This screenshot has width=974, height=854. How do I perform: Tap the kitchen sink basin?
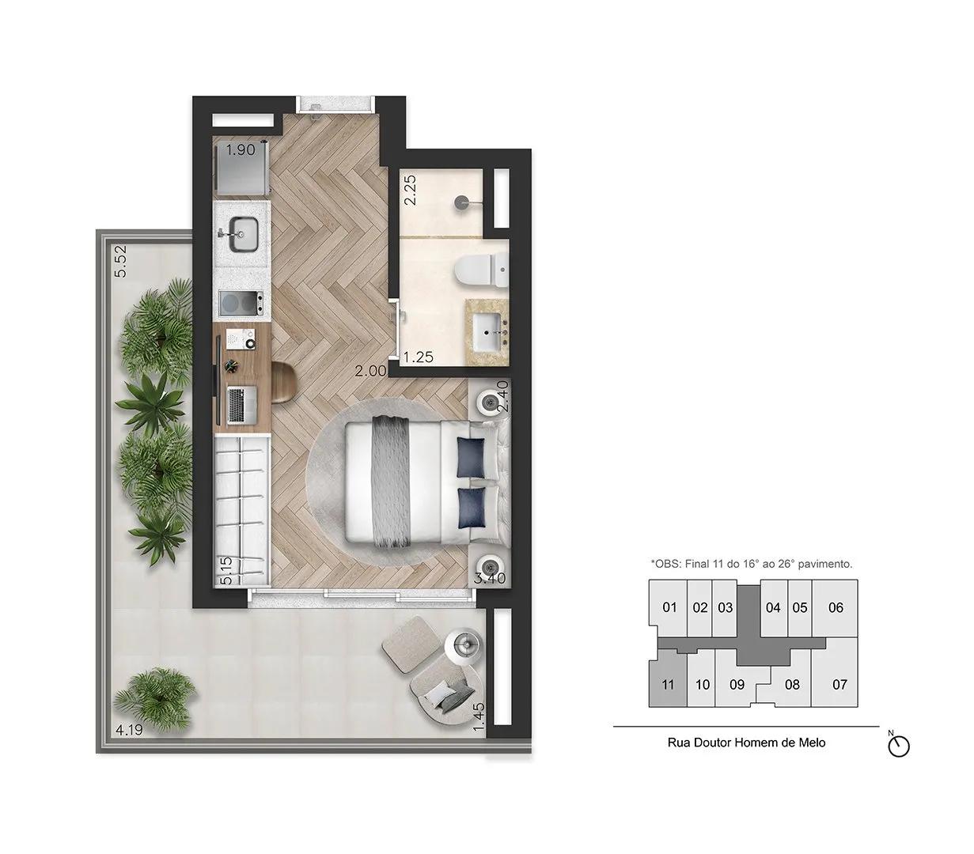pos(243,236)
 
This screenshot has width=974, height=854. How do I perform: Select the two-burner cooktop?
pos(241,303)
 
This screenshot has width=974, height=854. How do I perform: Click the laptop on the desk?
pos(241,405)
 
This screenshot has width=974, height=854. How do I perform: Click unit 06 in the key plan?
pos(836,607)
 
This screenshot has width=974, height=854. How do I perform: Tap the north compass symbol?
pos(899,745)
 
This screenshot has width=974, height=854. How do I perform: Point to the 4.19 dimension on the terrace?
pos(129,730)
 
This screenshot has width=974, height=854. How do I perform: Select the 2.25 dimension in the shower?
pos(411,190)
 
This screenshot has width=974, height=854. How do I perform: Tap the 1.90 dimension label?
pos(241,149)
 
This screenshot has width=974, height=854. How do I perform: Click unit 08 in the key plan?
pos(791,685)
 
